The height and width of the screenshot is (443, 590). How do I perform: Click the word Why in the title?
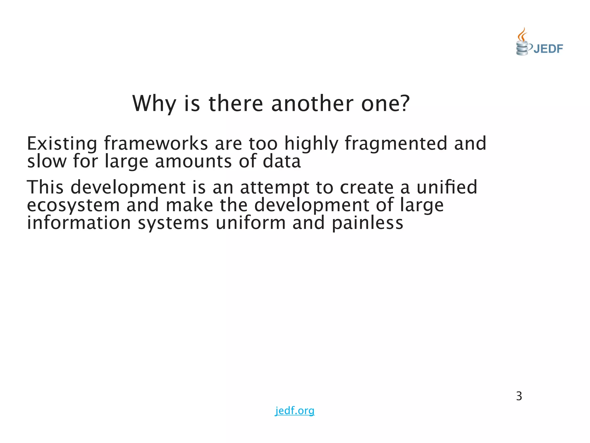pyautogui.click(x=154, y=104)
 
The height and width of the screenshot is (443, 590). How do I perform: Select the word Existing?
pyautogui.click(x=62, y=143)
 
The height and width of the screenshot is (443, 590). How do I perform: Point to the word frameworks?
pyautogui.click(x=156, y=143)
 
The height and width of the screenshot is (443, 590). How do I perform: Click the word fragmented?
pyautogui.click(x=396, y=143)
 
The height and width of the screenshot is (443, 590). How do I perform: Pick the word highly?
pyautogui.click(x=311, y=143)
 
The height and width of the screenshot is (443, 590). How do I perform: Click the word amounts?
pyautogui.click(x=193, y=161)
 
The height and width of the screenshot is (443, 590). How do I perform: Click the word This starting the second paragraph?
pyautogui.click(x=45, y=187)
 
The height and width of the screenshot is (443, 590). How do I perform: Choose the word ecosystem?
pyautogui.click(x=73, y=205)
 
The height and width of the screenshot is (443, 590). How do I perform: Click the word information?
pyautogui.click(x=79, y=223)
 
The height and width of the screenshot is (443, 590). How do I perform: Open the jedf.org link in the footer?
pyautogui.click(x=295, y=410)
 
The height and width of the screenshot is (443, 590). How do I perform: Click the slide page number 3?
pyautogui.click(x=519, y=396)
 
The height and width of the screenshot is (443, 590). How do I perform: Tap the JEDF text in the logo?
pyautogui.click(x=548, y=49)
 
